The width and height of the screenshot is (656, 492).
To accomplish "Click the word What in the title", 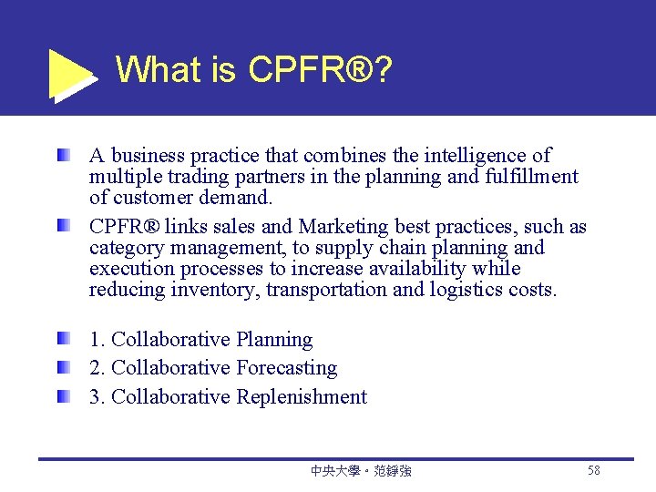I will pyautogui.click(x=159, y=69).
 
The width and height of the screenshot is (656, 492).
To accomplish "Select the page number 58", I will pyautogui.click(x=594, y=470).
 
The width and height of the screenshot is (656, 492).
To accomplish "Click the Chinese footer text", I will pyautogui.click(x=361, y=471).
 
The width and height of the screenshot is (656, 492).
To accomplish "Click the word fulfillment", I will pyautogui.click(x=527, y=177).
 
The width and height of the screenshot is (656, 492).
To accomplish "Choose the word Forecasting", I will pyautogui.click(x=286, y=368).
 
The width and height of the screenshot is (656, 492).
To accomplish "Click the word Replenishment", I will pyautogui.click(x=302, y=397).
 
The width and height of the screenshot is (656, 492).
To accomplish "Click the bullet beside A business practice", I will pyautogui.click(x=61, y=156).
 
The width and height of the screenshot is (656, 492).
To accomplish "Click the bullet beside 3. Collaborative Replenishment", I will pyautogui.click(x=61, y=397).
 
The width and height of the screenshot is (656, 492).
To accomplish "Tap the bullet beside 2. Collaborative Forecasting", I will pyautogui.click(x=61, y=368).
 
